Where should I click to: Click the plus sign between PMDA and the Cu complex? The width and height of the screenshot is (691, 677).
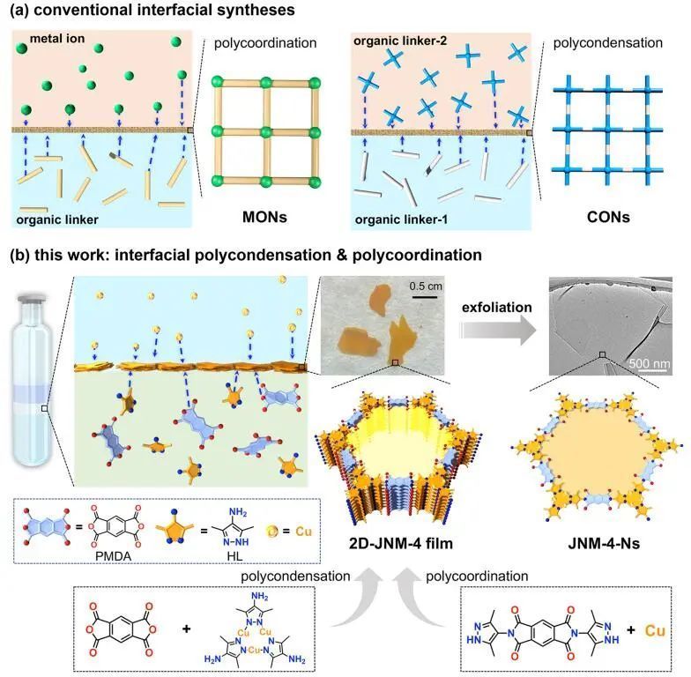pos(186,632)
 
